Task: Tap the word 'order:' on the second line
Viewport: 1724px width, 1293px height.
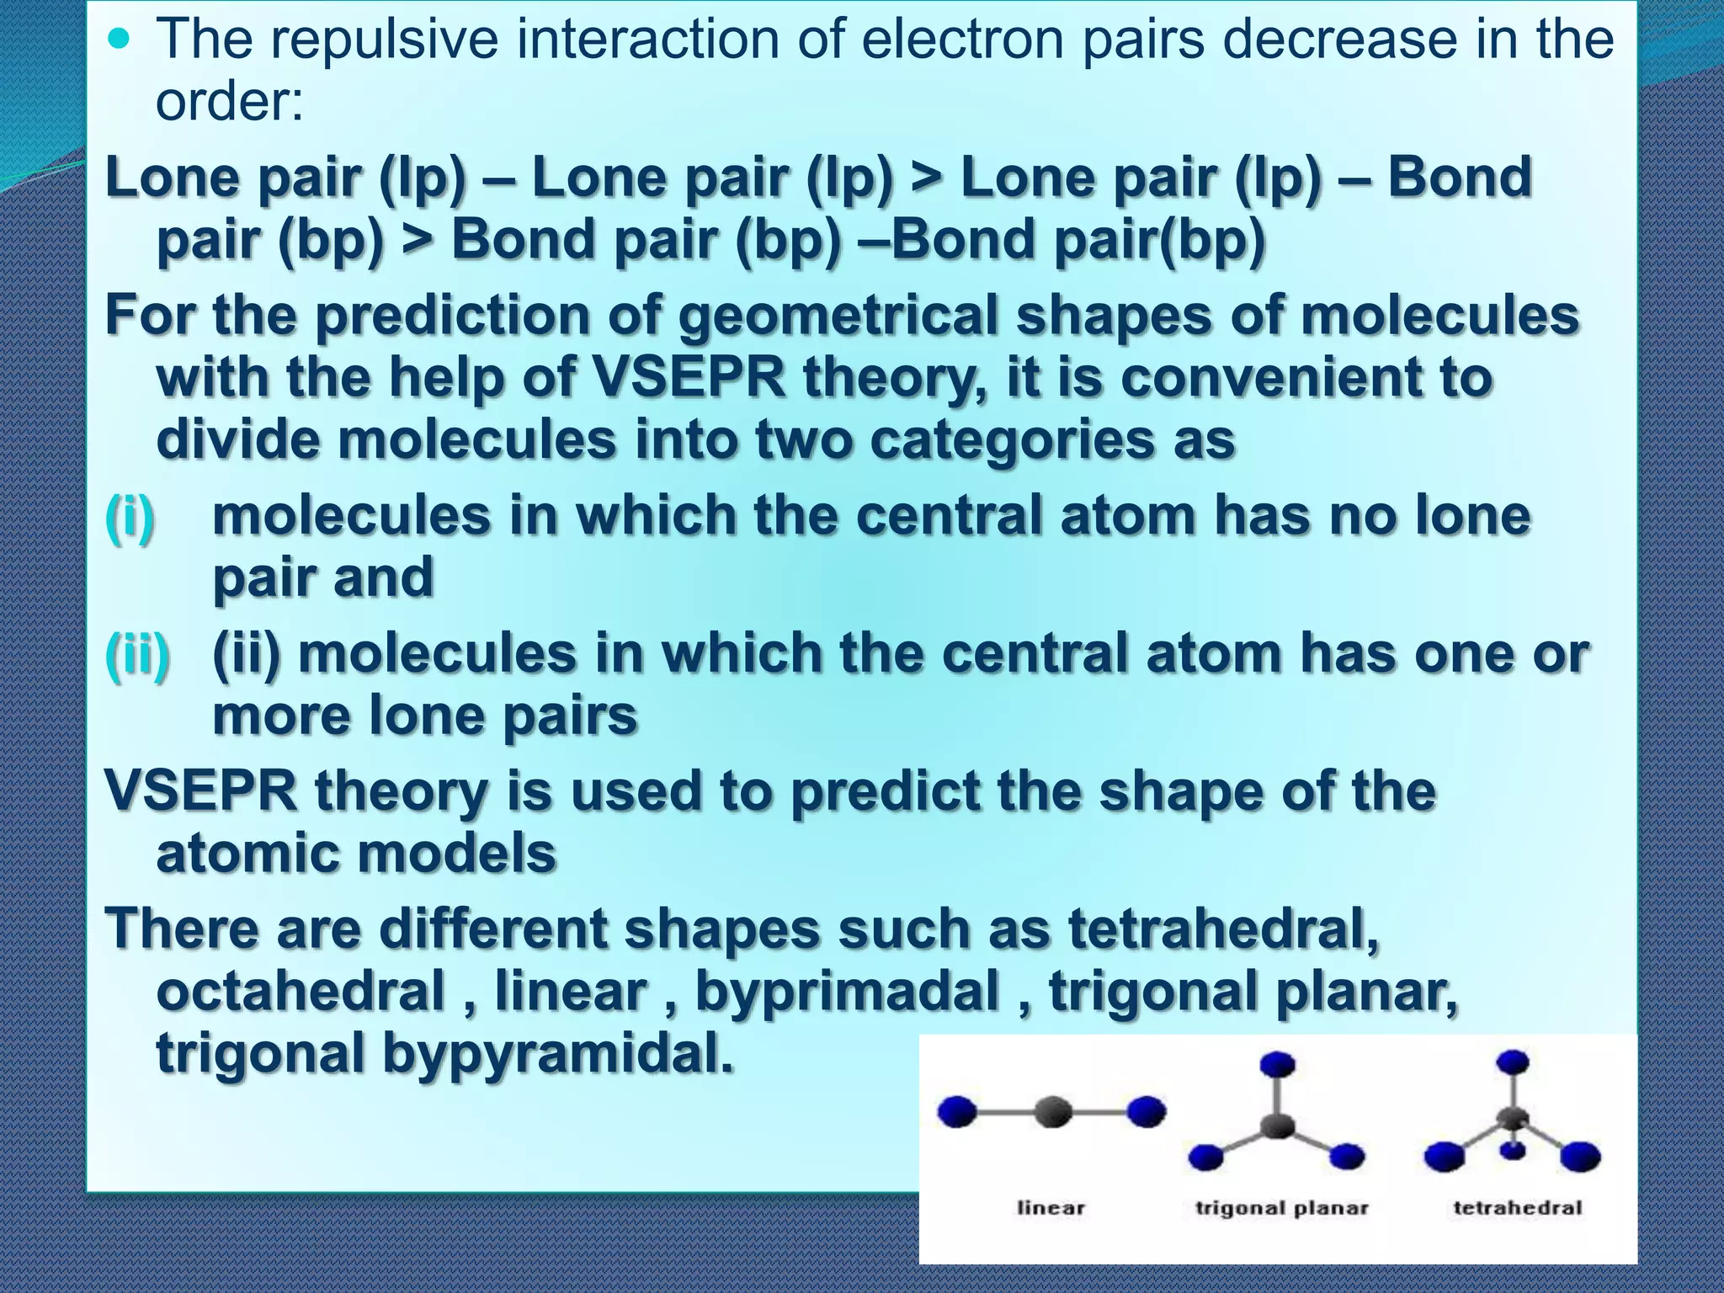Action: pos(229,101)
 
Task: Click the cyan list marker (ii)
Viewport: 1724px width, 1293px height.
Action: pos(137,653)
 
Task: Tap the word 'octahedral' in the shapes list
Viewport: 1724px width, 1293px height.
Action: pos(301,991)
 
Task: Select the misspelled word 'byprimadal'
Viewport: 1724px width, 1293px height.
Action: pos(847,991)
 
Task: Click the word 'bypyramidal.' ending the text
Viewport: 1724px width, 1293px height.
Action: pos(557,1053)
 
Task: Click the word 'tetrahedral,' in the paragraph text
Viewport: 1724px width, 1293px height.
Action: pos(1224,929)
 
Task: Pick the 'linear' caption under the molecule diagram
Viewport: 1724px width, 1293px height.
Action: pos(1051,1208)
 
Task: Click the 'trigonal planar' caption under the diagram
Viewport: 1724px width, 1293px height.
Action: pos(1281,1208)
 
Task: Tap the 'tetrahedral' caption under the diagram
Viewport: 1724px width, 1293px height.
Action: pos(1517,1208)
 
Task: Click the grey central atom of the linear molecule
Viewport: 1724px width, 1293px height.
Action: pos(1052,1112)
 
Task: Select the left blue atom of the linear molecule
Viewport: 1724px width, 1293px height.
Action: pos(957,1112)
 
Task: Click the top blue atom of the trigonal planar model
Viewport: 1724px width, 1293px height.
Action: pos(1278,1064)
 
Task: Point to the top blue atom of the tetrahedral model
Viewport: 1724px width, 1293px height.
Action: pos(1514,1062)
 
